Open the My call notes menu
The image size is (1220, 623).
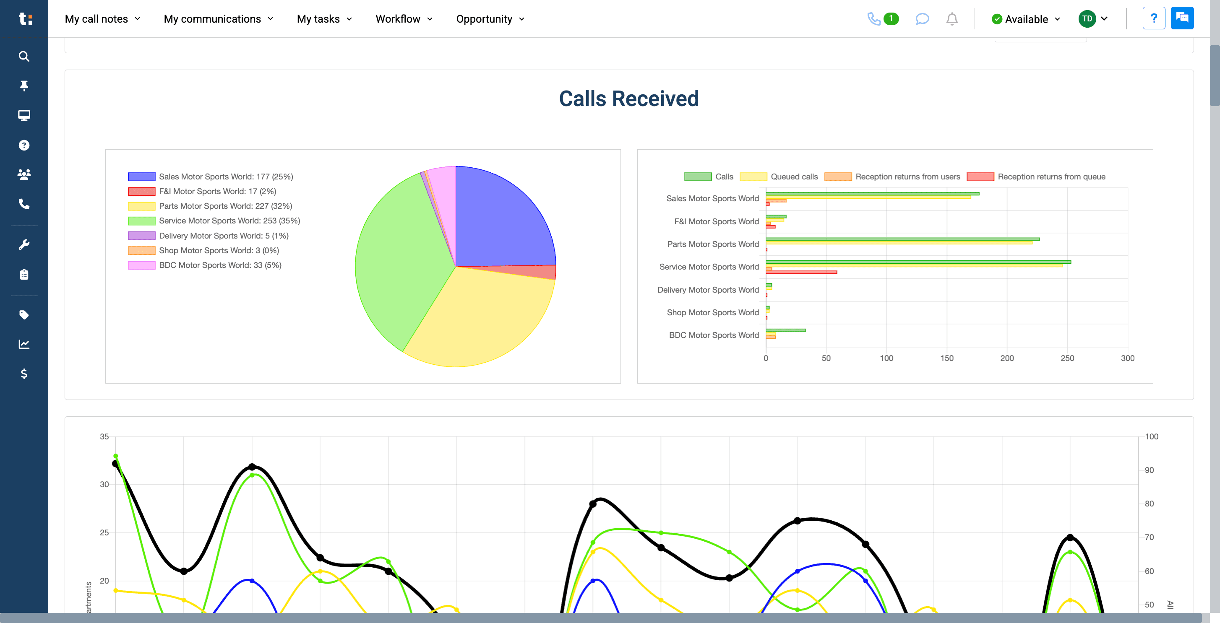point(102,19)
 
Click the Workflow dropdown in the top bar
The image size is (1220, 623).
point(404,19)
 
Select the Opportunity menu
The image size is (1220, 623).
point(490,19)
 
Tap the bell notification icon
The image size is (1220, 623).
point(951,19)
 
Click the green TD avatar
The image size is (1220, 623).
point(1087,19)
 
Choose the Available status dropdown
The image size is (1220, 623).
point(1026,19)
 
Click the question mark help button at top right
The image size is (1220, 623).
point(1154,18)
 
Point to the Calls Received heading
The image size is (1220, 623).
point(628,99)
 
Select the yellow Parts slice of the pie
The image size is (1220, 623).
point(478,317)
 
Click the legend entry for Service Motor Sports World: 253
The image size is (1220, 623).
point(229,221)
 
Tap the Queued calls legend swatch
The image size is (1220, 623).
point(753,177)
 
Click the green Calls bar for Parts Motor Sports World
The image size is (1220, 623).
point(902,239)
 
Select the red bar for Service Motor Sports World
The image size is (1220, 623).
point(801,272)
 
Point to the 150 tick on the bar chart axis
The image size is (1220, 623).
point(947,358)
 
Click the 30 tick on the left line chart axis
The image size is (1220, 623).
point(104,484)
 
